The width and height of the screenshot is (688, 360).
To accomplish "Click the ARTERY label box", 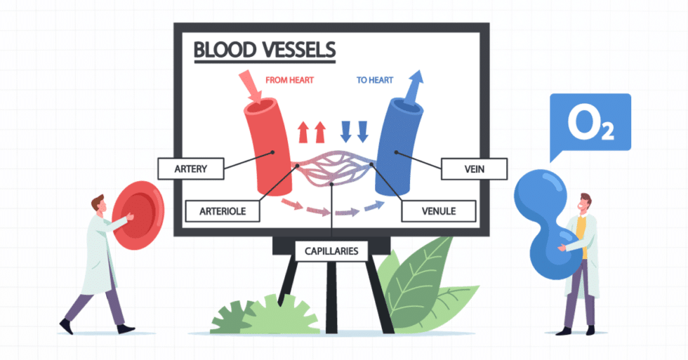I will [x=191, y=168].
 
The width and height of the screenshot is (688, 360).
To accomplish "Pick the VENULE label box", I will [x=439, y=209].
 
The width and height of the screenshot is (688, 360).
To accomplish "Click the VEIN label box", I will [x=474, y=168].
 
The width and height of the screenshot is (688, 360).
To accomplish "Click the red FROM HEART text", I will [x=289, y=80].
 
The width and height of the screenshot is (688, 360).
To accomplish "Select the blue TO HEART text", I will [x=375, y=80].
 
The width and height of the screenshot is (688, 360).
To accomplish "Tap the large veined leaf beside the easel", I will [x=421, y=274].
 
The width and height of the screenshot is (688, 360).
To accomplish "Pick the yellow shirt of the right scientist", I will [x=581, y=235].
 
